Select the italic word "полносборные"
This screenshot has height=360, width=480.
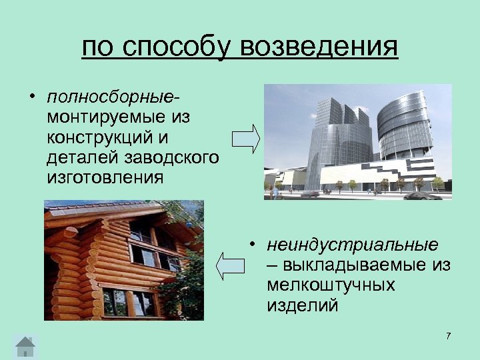(x=111, y=98)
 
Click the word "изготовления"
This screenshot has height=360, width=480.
(x=105, y=178)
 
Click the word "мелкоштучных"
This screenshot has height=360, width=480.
(x=330, y=285)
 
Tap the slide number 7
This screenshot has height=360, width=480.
(x=448, y=336)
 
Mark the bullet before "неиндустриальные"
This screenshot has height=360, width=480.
(x=254, y=243)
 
